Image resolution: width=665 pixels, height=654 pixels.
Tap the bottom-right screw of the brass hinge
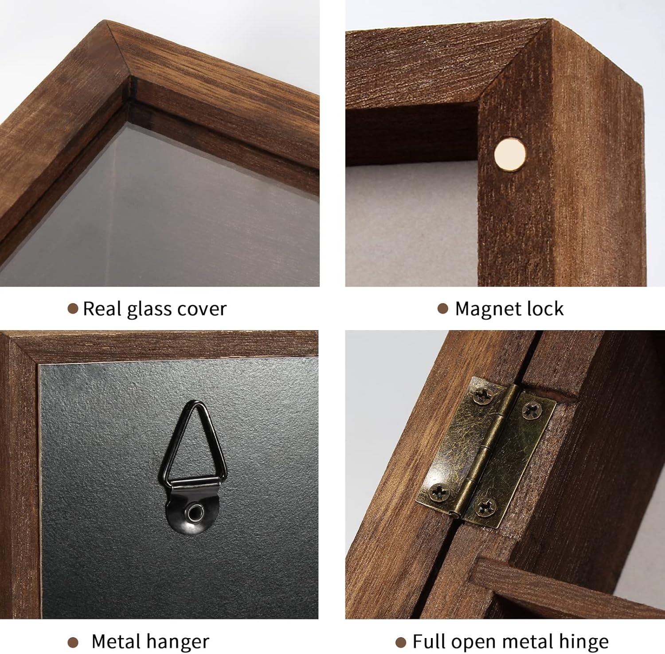pyautogui.click(x=487, y=507)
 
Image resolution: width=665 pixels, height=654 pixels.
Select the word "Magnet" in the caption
pyautogui.click(x=487, y=309)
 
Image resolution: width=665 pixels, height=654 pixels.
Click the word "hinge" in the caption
pyautogui.click(x=583, y=642)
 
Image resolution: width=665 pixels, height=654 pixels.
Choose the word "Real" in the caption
pyautogui.click(x=103, y=309)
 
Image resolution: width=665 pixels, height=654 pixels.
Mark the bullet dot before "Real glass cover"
pyautogui.click(x=73, y=309)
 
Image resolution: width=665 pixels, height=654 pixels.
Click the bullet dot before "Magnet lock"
pyautogui.click(x=443, y=309)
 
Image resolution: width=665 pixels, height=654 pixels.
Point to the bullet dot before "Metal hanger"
pyautogui.click(x=73, y=642)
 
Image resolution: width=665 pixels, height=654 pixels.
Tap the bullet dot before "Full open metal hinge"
pyautogui.click(x=401, y=642)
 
